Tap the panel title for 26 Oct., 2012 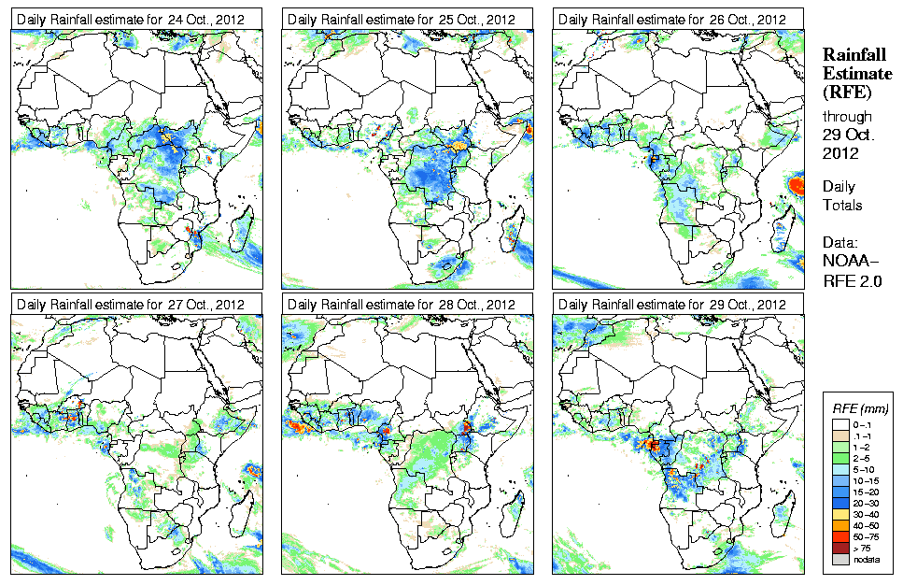pyautogui.click(x=669, y=19)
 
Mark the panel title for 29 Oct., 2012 pyautogui.click(x=669, y=304)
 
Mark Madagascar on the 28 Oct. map pyautogui.click(x=513, y=511)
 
